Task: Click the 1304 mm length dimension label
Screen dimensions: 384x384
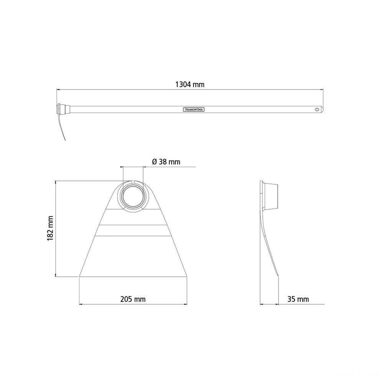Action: pos(190,85)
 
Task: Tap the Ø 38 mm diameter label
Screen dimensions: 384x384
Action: pos(166,162)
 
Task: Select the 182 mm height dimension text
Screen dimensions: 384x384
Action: pos(50,228)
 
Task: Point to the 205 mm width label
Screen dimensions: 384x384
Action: pos(133,299)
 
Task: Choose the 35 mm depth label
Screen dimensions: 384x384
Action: pos(298,299)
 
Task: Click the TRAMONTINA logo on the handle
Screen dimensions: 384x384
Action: pos(194,109)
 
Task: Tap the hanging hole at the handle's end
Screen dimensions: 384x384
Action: pos(318,109)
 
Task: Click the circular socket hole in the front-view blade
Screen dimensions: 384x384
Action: pos(133,197)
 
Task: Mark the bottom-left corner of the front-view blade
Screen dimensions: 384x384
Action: pos(79,276)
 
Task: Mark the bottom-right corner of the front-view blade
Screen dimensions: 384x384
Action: pos(187,276)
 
